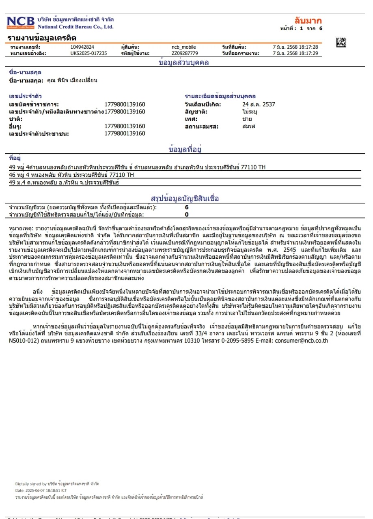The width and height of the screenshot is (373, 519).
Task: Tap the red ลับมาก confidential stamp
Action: pos(308,21)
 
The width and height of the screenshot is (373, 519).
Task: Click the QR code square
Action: pos(341,43)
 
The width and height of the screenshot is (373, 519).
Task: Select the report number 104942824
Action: pos(82,47)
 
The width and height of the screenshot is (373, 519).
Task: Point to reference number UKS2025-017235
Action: pos(88,53)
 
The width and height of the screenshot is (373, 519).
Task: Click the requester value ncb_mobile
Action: pos(183,47)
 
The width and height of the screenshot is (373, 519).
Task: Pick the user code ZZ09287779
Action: pos(185,53)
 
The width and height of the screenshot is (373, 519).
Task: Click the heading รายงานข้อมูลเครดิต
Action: pos(42,38)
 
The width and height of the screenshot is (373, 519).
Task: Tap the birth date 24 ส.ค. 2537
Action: pos(259,104)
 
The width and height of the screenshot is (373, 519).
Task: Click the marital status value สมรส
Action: pos(249,127)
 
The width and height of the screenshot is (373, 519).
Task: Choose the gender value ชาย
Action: pos(247,119)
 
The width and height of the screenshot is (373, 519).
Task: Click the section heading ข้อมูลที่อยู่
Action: pos(185,150)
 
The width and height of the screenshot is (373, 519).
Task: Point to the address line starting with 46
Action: pos(71,175)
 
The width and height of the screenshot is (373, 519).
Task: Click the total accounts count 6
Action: pos(187,207)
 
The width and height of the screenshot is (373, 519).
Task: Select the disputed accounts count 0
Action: pos(187,214)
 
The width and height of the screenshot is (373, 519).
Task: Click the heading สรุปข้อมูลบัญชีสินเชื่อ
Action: pos(185,198)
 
